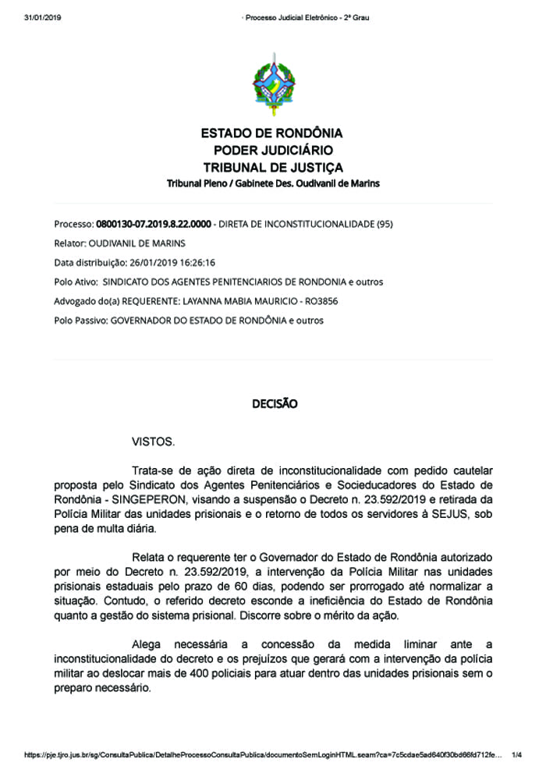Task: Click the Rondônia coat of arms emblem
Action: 272,84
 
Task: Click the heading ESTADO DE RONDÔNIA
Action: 272,133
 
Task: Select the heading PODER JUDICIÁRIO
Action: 272,151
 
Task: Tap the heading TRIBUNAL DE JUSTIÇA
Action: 272,168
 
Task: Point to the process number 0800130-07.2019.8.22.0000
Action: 154,224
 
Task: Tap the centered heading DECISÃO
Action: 274,404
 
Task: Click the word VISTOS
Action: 154,442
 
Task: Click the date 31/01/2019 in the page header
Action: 43,18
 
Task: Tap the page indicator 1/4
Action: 516,755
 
